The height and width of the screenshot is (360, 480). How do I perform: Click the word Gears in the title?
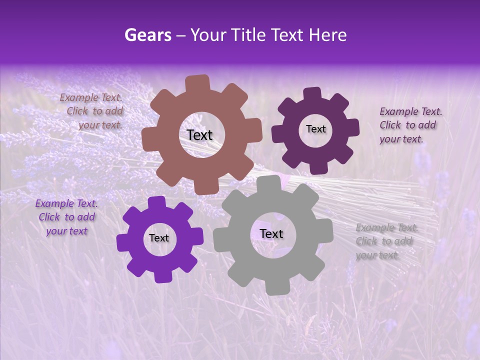[x=147, y=35]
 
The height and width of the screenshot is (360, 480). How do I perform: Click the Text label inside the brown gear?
[x=199, y=135]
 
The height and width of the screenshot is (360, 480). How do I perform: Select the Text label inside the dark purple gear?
[x=315, y=129]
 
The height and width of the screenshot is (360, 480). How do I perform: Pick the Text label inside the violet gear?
[x=159, y=238]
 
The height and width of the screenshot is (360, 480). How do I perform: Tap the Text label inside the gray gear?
[x=271, y=233]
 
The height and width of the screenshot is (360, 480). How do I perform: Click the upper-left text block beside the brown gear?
[x=93, y=111]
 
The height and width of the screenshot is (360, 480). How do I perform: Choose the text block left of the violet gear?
[x=66, y=217]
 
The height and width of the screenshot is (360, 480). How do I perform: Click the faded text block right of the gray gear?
[x=385, y=241]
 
